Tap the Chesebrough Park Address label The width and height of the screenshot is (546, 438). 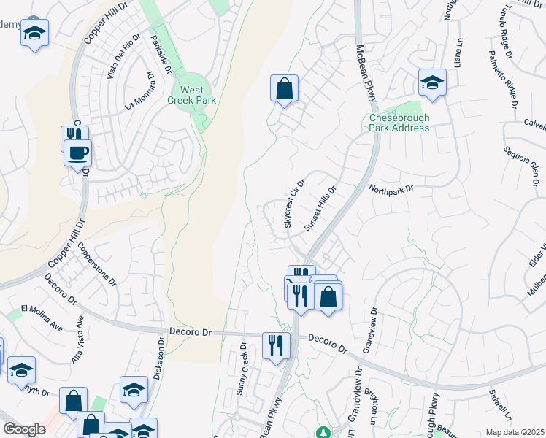pyautogui.click(x=399, y=123)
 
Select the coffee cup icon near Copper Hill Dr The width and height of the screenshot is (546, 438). pyautogui.click(x=77, y=153)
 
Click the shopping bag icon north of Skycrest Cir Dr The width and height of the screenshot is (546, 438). pyautogui.click(x=284, y=89)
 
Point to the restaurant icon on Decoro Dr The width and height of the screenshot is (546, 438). pyautogui.click(x=275, y=345)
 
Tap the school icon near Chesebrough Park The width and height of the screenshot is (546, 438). pyautogui.click(x=432, y=82)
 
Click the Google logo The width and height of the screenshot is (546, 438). pyautogui.click(x=23, y=429)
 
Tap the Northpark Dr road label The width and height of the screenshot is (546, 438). pyautogui.click(x=391, y=188)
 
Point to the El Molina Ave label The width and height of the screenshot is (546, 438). pyautogui.click(x=42, y=309)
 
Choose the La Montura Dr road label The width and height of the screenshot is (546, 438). pyautogui.click(x=141, y=90)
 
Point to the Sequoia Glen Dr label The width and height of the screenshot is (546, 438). pyautogui.click(x=519, y=166)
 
